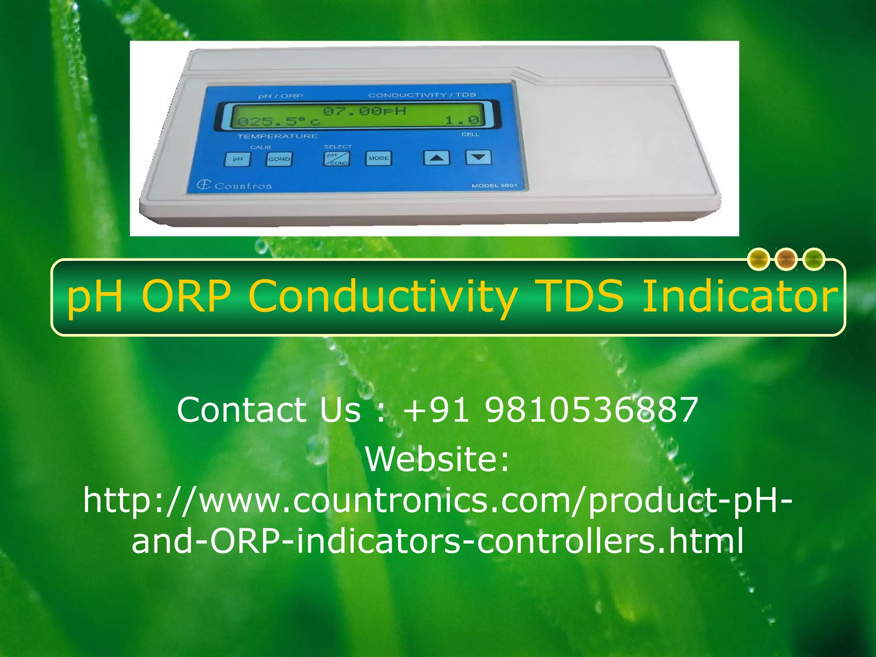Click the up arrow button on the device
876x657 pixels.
436,158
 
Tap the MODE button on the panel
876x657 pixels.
379,158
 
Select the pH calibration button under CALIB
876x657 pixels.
238,159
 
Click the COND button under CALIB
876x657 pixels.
279,159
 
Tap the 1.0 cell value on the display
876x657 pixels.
462,120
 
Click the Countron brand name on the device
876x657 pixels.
243,186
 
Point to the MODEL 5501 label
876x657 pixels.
494,186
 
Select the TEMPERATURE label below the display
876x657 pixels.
278,136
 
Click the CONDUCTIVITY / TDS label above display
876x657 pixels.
422,95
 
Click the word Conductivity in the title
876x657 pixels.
383,296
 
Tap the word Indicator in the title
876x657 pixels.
740,296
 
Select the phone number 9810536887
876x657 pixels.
592,410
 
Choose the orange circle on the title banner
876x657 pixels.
786,259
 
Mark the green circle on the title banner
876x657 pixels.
814,259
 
